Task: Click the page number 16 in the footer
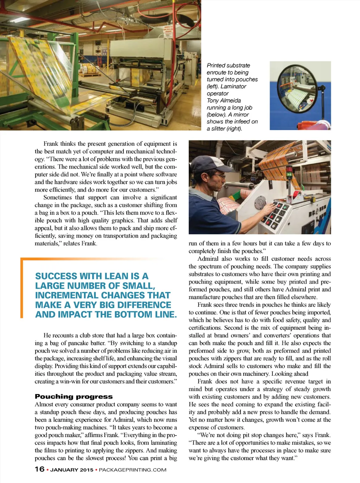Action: click(39, 469)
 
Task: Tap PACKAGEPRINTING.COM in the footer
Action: click(133, 470)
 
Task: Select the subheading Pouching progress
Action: click(73, 396)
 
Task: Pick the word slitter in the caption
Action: click(220, 129)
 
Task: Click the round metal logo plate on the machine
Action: click(261, 202)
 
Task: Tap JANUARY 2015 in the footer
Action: click(72, 470)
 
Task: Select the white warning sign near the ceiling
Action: click(168, 30)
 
